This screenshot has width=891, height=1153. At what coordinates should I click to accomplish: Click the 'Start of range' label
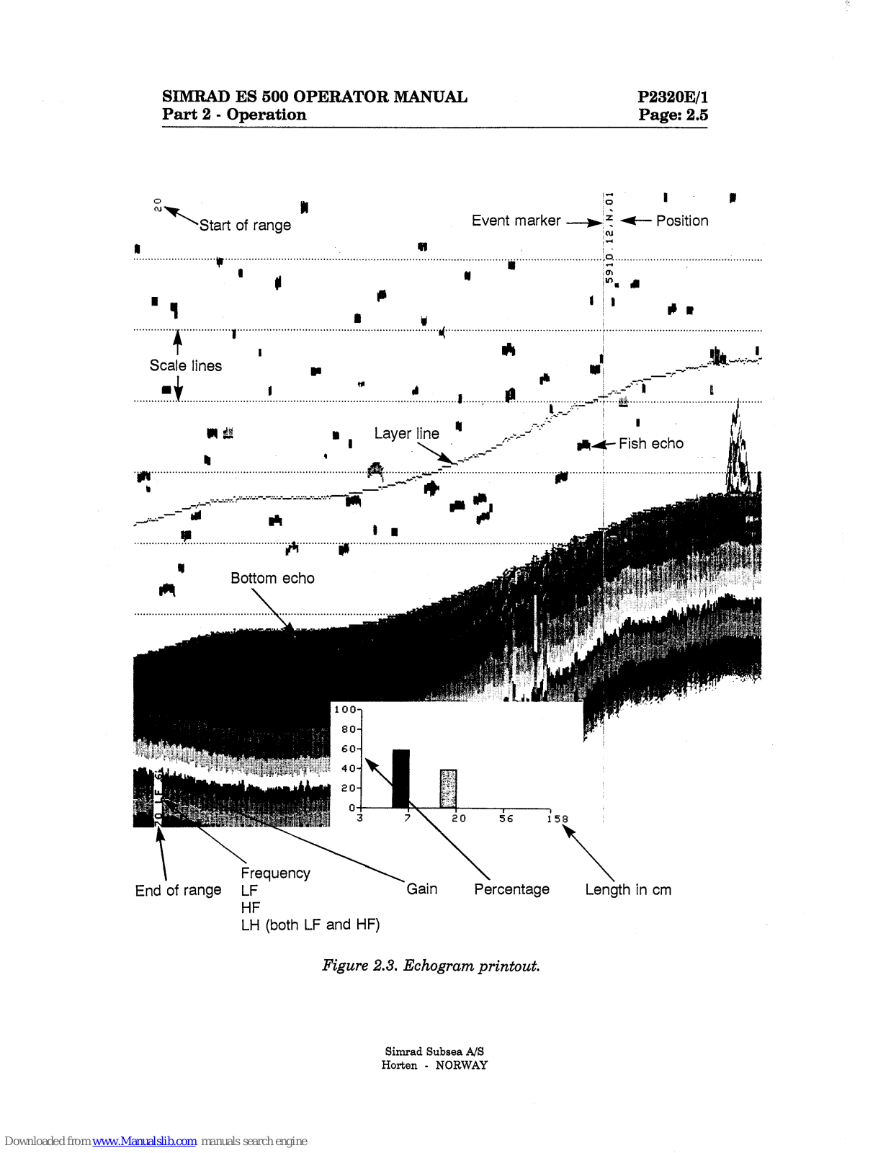(x=245, y=226)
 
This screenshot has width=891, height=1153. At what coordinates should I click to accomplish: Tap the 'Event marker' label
(x=516, y=221)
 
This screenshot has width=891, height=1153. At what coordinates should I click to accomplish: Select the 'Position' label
(x=681, y=221)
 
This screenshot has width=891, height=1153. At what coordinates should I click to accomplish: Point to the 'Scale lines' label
(x=186, y=365)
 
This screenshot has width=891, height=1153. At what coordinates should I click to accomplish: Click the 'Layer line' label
(x=406, y=433)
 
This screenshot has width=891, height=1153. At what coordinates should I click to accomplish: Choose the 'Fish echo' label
(x=650, y=443)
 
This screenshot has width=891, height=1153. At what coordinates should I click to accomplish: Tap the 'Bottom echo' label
(x=272, y=578)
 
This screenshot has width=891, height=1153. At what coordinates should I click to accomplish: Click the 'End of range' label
(x=178, y=891)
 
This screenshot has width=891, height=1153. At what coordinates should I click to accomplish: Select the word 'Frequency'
(x=275, y=873)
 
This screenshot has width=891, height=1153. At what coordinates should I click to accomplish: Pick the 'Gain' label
(x=421, y=889)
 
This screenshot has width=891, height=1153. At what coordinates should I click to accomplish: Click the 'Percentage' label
(x=511, y=889)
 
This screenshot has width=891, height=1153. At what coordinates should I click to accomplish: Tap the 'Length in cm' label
(x=627, y=889)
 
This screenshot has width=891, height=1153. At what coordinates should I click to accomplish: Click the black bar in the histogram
(x=400, y=778)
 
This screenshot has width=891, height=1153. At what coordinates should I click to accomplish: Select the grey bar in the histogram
(x=448, y=788)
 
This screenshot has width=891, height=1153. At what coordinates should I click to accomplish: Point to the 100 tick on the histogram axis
(x=345, y=710)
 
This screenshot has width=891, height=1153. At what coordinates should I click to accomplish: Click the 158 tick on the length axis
(x=557, y=819)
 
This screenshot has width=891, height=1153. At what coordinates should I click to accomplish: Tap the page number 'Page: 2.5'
(x=673, y=115)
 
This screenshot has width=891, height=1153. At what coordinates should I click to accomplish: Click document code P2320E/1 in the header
(x=673, y=97)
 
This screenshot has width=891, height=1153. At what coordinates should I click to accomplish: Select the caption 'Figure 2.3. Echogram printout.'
(x=431, y=966)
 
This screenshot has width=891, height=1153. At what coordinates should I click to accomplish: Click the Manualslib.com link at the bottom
(x=144, y=1141)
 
